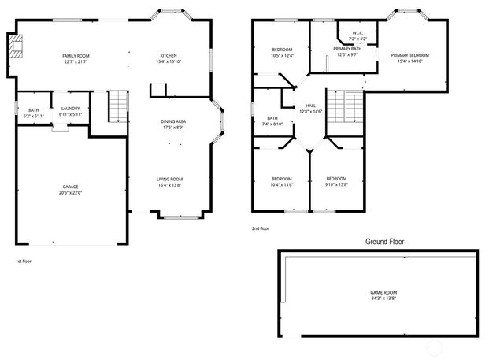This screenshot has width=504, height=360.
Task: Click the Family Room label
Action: point(76,56)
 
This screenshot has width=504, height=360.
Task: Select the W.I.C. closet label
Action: point(358,34)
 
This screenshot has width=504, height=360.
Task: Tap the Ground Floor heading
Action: point(385,242)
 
